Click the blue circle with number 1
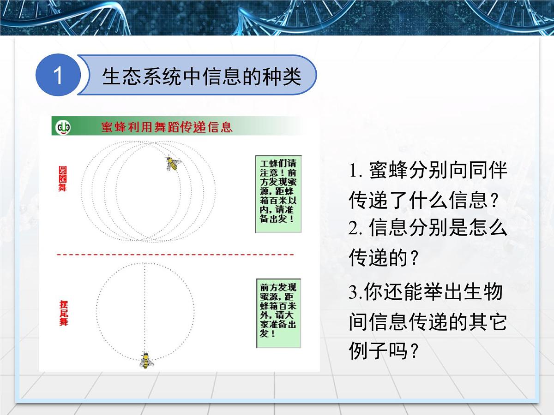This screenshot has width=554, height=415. click(x=57, y=75)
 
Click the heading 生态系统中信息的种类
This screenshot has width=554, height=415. click(x=201, y=76)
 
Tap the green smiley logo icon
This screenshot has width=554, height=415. click(x=63, y=127)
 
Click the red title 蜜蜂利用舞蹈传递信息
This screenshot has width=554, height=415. click(x=167, y=127)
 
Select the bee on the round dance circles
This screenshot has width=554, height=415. click(x=173, y=163)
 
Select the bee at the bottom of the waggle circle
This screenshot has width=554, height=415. click(x=146, y=360)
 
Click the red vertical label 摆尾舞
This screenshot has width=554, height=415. click(x=63, y=313)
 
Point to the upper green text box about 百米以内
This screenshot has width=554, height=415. click(x=278, y=194)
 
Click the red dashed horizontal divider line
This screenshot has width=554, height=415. click(x=175, y=255)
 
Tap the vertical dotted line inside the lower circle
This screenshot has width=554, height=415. click(x=145, y=304)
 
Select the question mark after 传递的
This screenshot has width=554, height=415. click(x=414, y=259)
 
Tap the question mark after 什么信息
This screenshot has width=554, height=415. click(x=494, y=201)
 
